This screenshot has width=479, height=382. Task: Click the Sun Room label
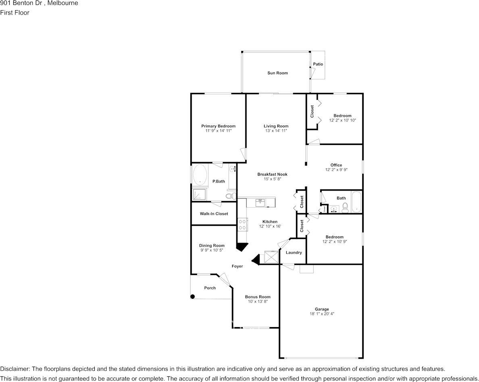[277, 73]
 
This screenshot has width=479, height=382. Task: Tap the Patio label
[318, 64]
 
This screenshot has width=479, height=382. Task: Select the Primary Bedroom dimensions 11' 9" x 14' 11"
[219, 130]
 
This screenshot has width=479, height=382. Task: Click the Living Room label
[276, 126]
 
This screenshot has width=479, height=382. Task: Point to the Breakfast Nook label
[272, 174]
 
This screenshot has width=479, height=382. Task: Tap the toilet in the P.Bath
[231, 195]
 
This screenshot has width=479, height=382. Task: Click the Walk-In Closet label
[214, 214]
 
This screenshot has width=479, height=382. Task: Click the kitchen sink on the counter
[260, 202]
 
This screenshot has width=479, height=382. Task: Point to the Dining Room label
[212, 245]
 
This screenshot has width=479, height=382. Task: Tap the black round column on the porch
[192, 296]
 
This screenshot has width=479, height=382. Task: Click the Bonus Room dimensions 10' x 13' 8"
[258, 301]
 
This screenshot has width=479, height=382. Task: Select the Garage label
[322, 309]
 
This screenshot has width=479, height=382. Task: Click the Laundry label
[294, 252]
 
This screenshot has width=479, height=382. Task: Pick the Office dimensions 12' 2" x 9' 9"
[336, 170]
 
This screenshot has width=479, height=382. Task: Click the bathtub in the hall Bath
[356, 202]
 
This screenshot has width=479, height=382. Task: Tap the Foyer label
[237, 266]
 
